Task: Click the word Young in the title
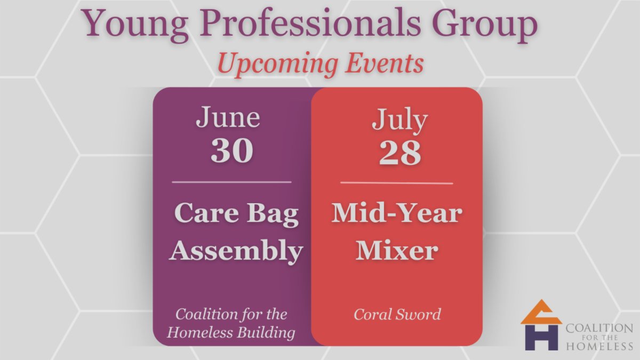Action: (134, 25)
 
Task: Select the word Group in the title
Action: (485, 25)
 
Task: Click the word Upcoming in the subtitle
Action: (278, 65)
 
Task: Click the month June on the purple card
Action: (228, 117)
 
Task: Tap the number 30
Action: (231, 150)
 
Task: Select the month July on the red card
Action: (399, 120)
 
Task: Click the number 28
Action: (400, 153)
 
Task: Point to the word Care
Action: (206, 213)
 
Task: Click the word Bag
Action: (273, 215)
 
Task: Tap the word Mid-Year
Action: (397, 213)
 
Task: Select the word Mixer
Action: (397, 250)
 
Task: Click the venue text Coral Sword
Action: (397, 314)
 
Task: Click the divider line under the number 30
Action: (231, 182)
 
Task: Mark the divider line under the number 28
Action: (397, 183)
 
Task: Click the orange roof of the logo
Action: (541, 314)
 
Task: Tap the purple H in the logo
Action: (541, 338)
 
